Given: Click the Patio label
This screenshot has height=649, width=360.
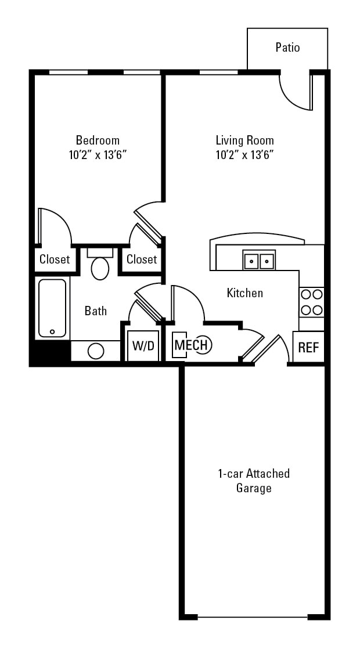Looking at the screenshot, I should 287,48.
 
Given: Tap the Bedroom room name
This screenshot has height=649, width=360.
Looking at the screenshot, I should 98,140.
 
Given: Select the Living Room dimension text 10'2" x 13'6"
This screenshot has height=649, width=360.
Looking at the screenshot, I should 244,155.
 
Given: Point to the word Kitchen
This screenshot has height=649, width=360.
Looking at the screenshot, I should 244,293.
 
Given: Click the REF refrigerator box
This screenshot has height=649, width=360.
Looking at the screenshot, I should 308,347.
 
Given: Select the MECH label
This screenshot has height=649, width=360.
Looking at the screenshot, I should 191,345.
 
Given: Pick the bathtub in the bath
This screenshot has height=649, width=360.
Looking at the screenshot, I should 52,308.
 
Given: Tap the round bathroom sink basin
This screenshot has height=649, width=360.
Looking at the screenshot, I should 96,351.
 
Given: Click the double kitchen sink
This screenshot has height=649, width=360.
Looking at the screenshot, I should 259,261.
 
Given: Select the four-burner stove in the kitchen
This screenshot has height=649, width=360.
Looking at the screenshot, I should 311,302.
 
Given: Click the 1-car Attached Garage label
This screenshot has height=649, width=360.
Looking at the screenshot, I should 254,481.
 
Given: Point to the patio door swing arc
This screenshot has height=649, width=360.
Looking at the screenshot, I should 293,96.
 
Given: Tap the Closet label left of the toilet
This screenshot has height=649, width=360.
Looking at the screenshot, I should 55,259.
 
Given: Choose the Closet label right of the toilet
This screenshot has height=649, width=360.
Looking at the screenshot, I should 142,259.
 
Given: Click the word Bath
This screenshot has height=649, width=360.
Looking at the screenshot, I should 96,311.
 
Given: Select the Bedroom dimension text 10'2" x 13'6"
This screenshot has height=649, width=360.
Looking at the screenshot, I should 98,155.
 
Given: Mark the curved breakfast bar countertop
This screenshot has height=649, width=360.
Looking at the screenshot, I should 257,240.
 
